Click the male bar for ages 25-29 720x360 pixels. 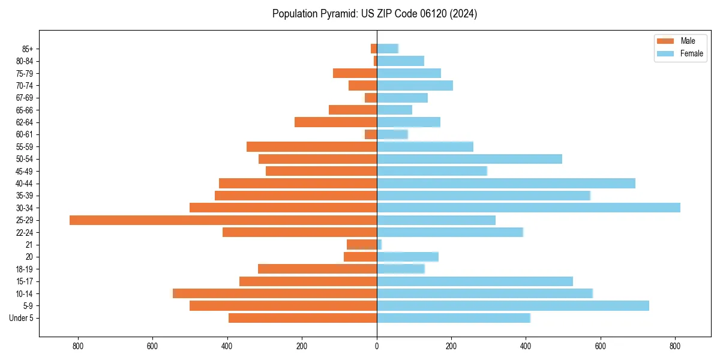click(x=223, y=220)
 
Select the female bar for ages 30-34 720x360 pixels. click(x=528, y=208)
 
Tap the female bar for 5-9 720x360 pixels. click(x=512, y=305)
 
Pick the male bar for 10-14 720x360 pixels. click(x=275, y=293)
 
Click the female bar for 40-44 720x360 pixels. click(x=506, y=183)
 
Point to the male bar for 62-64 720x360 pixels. click(x=335, y=122)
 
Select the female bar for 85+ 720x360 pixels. click(x=388, y=49)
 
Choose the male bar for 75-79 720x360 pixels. click(x=355, y=73)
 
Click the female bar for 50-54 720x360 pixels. click(x=469, y=159)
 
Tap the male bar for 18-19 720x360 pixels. click(x=317, y=269)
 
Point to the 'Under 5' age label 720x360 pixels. click(x=21, y=318)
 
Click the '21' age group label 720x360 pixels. click(x=29, y=245)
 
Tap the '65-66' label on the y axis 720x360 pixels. click(x=25, y=110)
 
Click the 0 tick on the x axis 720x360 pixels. click(x=377, y=346)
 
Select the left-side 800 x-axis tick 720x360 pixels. click(x=77, y=346)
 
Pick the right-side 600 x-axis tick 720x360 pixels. click(x=601, y=346)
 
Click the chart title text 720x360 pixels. click(x=374, y=14)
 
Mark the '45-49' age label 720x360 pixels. click(x=25, y=171)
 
